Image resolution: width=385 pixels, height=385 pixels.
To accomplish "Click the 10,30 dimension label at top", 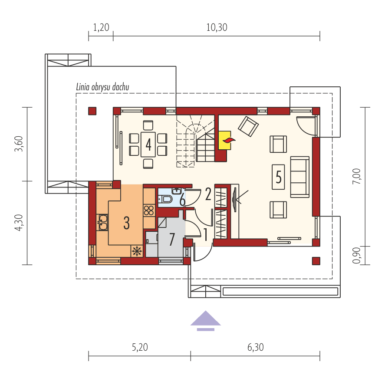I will (x=217, y=28).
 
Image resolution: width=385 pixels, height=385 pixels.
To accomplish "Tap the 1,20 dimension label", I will (x=101, y=28).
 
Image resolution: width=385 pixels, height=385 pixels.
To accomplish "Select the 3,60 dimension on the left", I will (x=19, y=144).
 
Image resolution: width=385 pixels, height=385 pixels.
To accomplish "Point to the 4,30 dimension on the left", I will (x=19, y=223).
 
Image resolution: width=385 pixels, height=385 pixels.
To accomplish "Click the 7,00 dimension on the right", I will (x=357, y=177).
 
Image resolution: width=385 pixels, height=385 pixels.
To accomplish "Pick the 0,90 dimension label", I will (x=357, y=256).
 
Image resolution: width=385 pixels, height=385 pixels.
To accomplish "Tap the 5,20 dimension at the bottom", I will (x=139, y=347).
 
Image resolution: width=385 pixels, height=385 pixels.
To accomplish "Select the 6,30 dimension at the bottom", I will (x=255, y=347).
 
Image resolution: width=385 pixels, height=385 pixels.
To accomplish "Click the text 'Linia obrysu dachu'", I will (x=103, y=87).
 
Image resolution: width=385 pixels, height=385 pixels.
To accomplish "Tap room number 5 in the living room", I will (x=278, y=177).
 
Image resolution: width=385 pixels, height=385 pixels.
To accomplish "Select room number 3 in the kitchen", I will (x=126, y=223).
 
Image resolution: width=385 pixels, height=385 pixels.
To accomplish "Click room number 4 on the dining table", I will (x=148, y=144).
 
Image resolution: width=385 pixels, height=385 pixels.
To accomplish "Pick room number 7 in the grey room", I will (x=172, y=239).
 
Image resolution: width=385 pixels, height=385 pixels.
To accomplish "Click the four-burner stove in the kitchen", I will (x=148, y=211).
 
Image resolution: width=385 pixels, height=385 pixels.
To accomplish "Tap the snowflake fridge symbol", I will (x=137, y=251).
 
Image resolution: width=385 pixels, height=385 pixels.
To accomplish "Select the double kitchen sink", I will (x=103, y=223).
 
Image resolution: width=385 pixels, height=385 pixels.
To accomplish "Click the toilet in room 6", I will (x=167, y=199).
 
